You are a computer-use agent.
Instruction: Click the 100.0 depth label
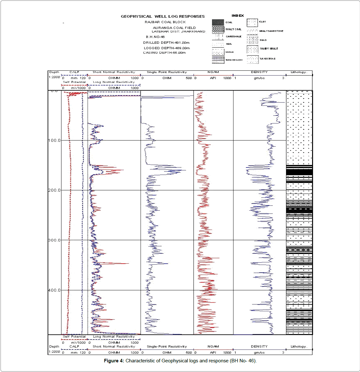54,141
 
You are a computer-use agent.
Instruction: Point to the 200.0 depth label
54,190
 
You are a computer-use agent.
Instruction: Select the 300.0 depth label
54,240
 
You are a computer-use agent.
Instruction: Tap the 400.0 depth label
54,290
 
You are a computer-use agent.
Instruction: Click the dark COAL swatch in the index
218,23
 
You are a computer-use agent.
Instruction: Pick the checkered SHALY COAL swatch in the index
218,30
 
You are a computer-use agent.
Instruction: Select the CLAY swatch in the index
252,23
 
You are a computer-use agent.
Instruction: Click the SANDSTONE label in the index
268,59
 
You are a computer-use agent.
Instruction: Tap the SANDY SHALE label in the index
269,49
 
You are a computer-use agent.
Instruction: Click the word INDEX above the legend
238,16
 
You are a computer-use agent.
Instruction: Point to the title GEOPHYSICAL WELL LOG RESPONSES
162,16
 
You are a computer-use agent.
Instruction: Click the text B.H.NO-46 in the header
155,37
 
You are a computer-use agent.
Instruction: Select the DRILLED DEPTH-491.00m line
166,42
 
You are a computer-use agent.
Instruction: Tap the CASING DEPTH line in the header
164,53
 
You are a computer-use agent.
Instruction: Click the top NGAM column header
213,72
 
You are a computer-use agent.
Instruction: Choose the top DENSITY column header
259,72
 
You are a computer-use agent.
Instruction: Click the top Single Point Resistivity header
167,72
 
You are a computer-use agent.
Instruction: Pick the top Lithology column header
299,72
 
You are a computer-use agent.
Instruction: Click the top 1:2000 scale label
54,77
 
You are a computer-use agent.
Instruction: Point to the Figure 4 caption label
114,361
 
